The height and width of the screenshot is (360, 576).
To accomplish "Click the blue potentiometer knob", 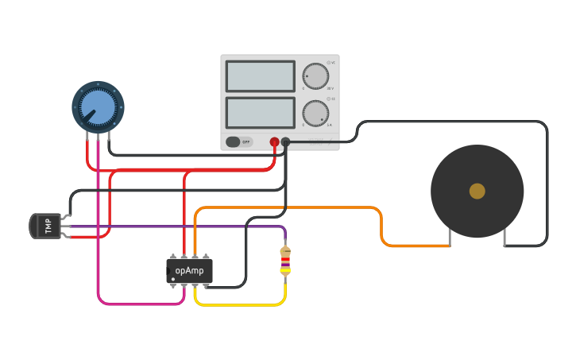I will click(98, 106).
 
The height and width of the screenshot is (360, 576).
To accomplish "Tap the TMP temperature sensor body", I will click(45, 226).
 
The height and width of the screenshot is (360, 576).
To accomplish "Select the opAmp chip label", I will click(189, 270).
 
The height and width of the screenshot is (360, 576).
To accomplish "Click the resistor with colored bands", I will click(285, 260).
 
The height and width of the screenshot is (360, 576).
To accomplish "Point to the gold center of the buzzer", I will click(477, 191).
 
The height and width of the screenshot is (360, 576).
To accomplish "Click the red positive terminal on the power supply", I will click(274, 142).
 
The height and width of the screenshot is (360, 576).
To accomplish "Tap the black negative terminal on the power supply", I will click(286, 142).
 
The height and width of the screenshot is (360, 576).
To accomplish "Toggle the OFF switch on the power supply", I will click(238, 141).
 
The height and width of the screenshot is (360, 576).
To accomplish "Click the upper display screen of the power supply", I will click(260, 76).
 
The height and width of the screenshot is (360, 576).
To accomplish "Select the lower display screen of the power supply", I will click(260, 112).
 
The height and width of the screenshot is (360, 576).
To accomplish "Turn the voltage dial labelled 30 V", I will click(315, 76).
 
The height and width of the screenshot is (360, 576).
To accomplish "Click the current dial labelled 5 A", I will click(315, 113).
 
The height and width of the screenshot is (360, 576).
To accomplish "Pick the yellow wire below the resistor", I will click(238, 304).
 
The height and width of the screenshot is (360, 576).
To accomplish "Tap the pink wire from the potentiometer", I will click(98, 238).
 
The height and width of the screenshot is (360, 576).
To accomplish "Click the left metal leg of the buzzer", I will click(450, 237).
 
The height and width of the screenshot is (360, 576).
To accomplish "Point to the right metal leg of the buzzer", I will click(504, 237).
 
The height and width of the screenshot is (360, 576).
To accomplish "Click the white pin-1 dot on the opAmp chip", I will click(173, 279).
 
